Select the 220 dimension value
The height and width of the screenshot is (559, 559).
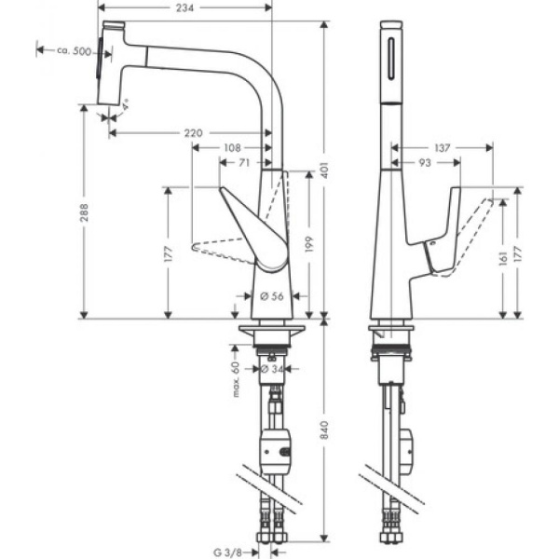pos(192,133)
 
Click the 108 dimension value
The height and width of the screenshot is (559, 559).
pos(233,147)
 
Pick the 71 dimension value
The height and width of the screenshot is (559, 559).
pos(244,162)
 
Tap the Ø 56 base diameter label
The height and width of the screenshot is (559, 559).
pos(270,296)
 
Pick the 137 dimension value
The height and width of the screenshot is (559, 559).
pos(443,147)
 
